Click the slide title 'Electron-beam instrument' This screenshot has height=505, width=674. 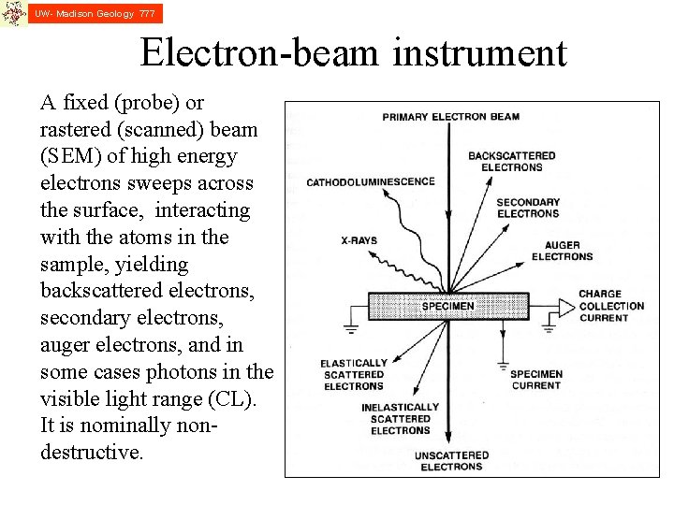point(353,53)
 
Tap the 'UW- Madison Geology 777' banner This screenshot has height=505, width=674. point(94,13)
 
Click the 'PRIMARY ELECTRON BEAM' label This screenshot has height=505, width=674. point(450,117)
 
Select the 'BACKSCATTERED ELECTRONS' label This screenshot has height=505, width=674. point(511,161)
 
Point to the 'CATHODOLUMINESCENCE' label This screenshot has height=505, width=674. point(371,181)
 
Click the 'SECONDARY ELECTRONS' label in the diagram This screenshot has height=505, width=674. point(528,208)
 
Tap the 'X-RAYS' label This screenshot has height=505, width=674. point(359,240)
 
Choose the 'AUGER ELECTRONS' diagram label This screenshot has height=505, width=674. point(562,251)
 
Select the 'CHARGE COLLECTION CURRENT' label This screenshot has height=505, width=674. point(611,306)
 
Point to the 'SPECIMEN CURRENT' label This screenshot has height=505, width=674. point(536,379)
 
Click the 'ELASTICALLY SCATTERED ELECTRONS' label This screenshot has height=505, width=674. point(354,374)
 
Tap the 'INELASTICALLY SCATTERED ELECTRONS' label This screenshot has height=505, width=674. point(400,418)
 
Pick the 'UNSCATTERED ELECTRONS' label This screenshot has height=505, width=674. point(451,461)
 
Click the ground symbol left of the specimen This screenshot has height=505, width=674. point(351,327)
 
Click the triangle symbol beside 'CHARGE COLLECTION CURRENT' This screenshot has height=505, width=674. point(567,306)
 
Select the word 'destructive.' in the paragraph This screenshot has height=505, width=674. point(93,453)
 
